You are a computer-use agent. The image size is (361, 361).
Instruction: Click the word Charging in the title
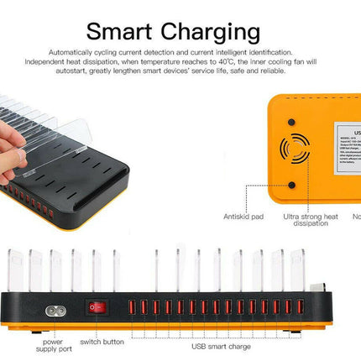click(x=216, y=33)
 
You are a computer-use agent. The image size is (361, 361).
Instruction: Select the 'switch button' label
click(x=102, y=342)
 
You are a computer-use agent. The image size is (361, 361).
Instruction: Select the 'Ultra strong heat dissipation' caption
click(x=311, y=220)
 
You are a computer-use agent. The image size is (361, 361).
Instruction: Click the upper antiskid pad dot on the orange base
click(x=292, y=121)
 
